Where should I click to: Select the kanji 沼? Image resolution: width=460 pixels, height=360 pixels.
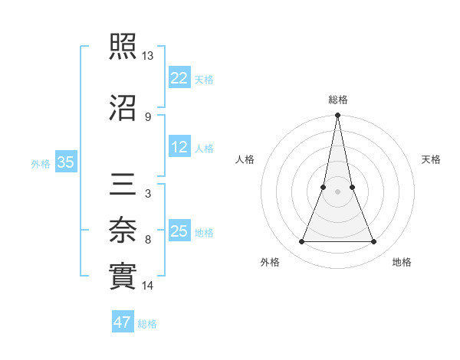pos(124,108)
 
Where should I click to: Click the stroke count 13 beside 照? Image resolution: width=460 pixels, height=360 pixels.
pos(148,56)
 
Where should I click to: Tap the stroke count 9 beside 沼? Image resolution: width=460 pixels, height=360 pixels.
pos(147,116)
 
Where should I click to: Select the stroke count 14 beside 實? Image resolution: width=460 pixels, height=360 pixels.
pos(148,286)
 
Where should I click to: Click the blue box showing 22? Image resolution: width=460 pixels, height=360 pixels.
pos(179,77)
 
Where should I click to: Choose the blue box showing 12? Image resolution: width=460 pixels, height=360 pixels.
pos(179,148)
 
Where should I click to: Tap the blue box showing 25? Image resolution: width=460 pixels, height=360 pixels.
pos(179,231)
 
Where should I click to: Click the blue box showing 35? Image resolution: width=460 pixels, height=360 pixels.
pos(65,162)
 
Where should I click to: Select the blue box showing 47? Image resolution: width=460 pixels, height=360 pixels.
pos(122,322)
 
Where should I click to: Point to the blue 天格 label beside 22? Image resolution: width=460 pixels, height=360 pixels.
pos(204,79)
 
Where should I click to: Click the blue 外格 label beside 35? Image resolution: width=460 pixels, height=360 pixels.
pos(41,163)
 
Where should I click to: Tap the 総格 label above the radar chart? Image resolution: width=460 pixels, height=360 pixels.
pos(338,100)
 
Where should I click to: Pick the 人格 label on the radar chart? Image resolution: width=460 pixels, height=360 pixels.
pos(245,159)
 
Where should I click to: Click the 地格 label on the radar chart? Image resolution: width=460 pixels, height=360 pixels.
pos(402,262)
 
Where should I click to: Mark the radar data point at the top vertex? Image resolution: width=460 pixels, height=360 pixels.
pos(338,116)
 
